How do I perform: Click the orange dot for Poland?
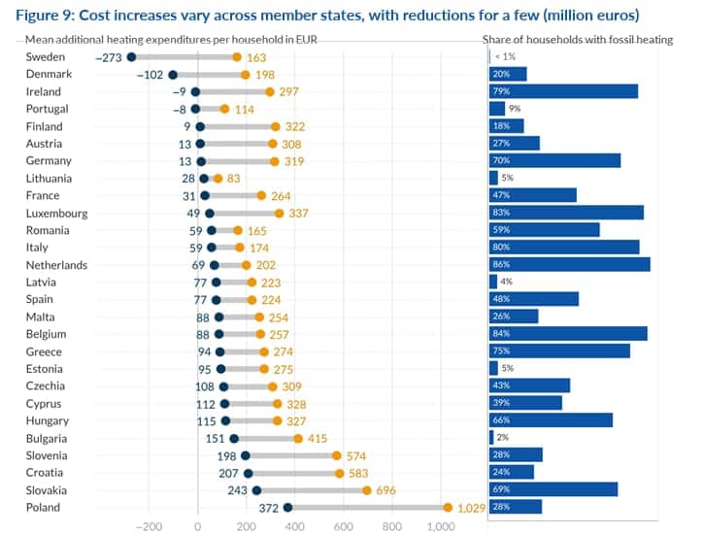click(447, 508)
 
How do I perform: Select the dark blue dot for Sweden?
click(131, 57)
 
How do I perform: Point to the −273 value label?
click(110, 57)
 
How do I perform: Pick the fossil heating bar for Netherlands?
click(569, 264)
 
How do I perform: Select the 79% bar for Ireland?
click(563, 91)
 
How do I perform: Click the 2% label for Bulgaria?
click(503, 438)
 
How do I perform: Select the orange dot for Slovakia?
click(366, 490)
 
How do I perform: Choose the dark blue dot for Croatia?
click(248, 473)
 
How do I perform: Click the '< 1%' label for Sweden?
click(504, 57)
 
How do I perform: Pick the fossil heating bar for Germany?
click(554, 160)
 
